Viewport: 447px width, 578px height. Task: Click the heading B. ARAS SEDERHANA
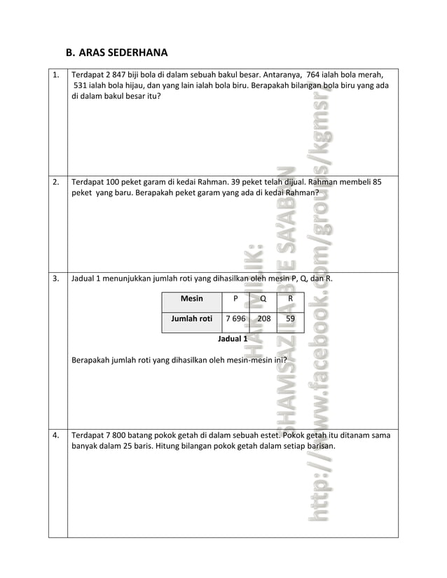(116, 52)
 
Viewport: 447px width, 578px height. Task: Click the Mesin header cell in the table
(191, 299)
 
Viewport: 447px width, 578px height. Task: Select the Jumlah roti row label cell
(191, 319)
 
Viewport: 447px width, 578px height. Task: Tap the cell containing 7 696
(234, 319)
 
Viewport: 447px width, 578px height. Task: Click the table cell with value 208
(263, 319)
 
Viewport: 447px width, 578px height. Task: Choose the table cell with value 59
(291, 319)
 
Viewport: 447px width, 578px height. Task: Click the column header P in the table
(235, 299)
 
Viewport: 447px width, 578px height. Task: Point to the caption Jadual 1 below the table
(233, 339)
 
